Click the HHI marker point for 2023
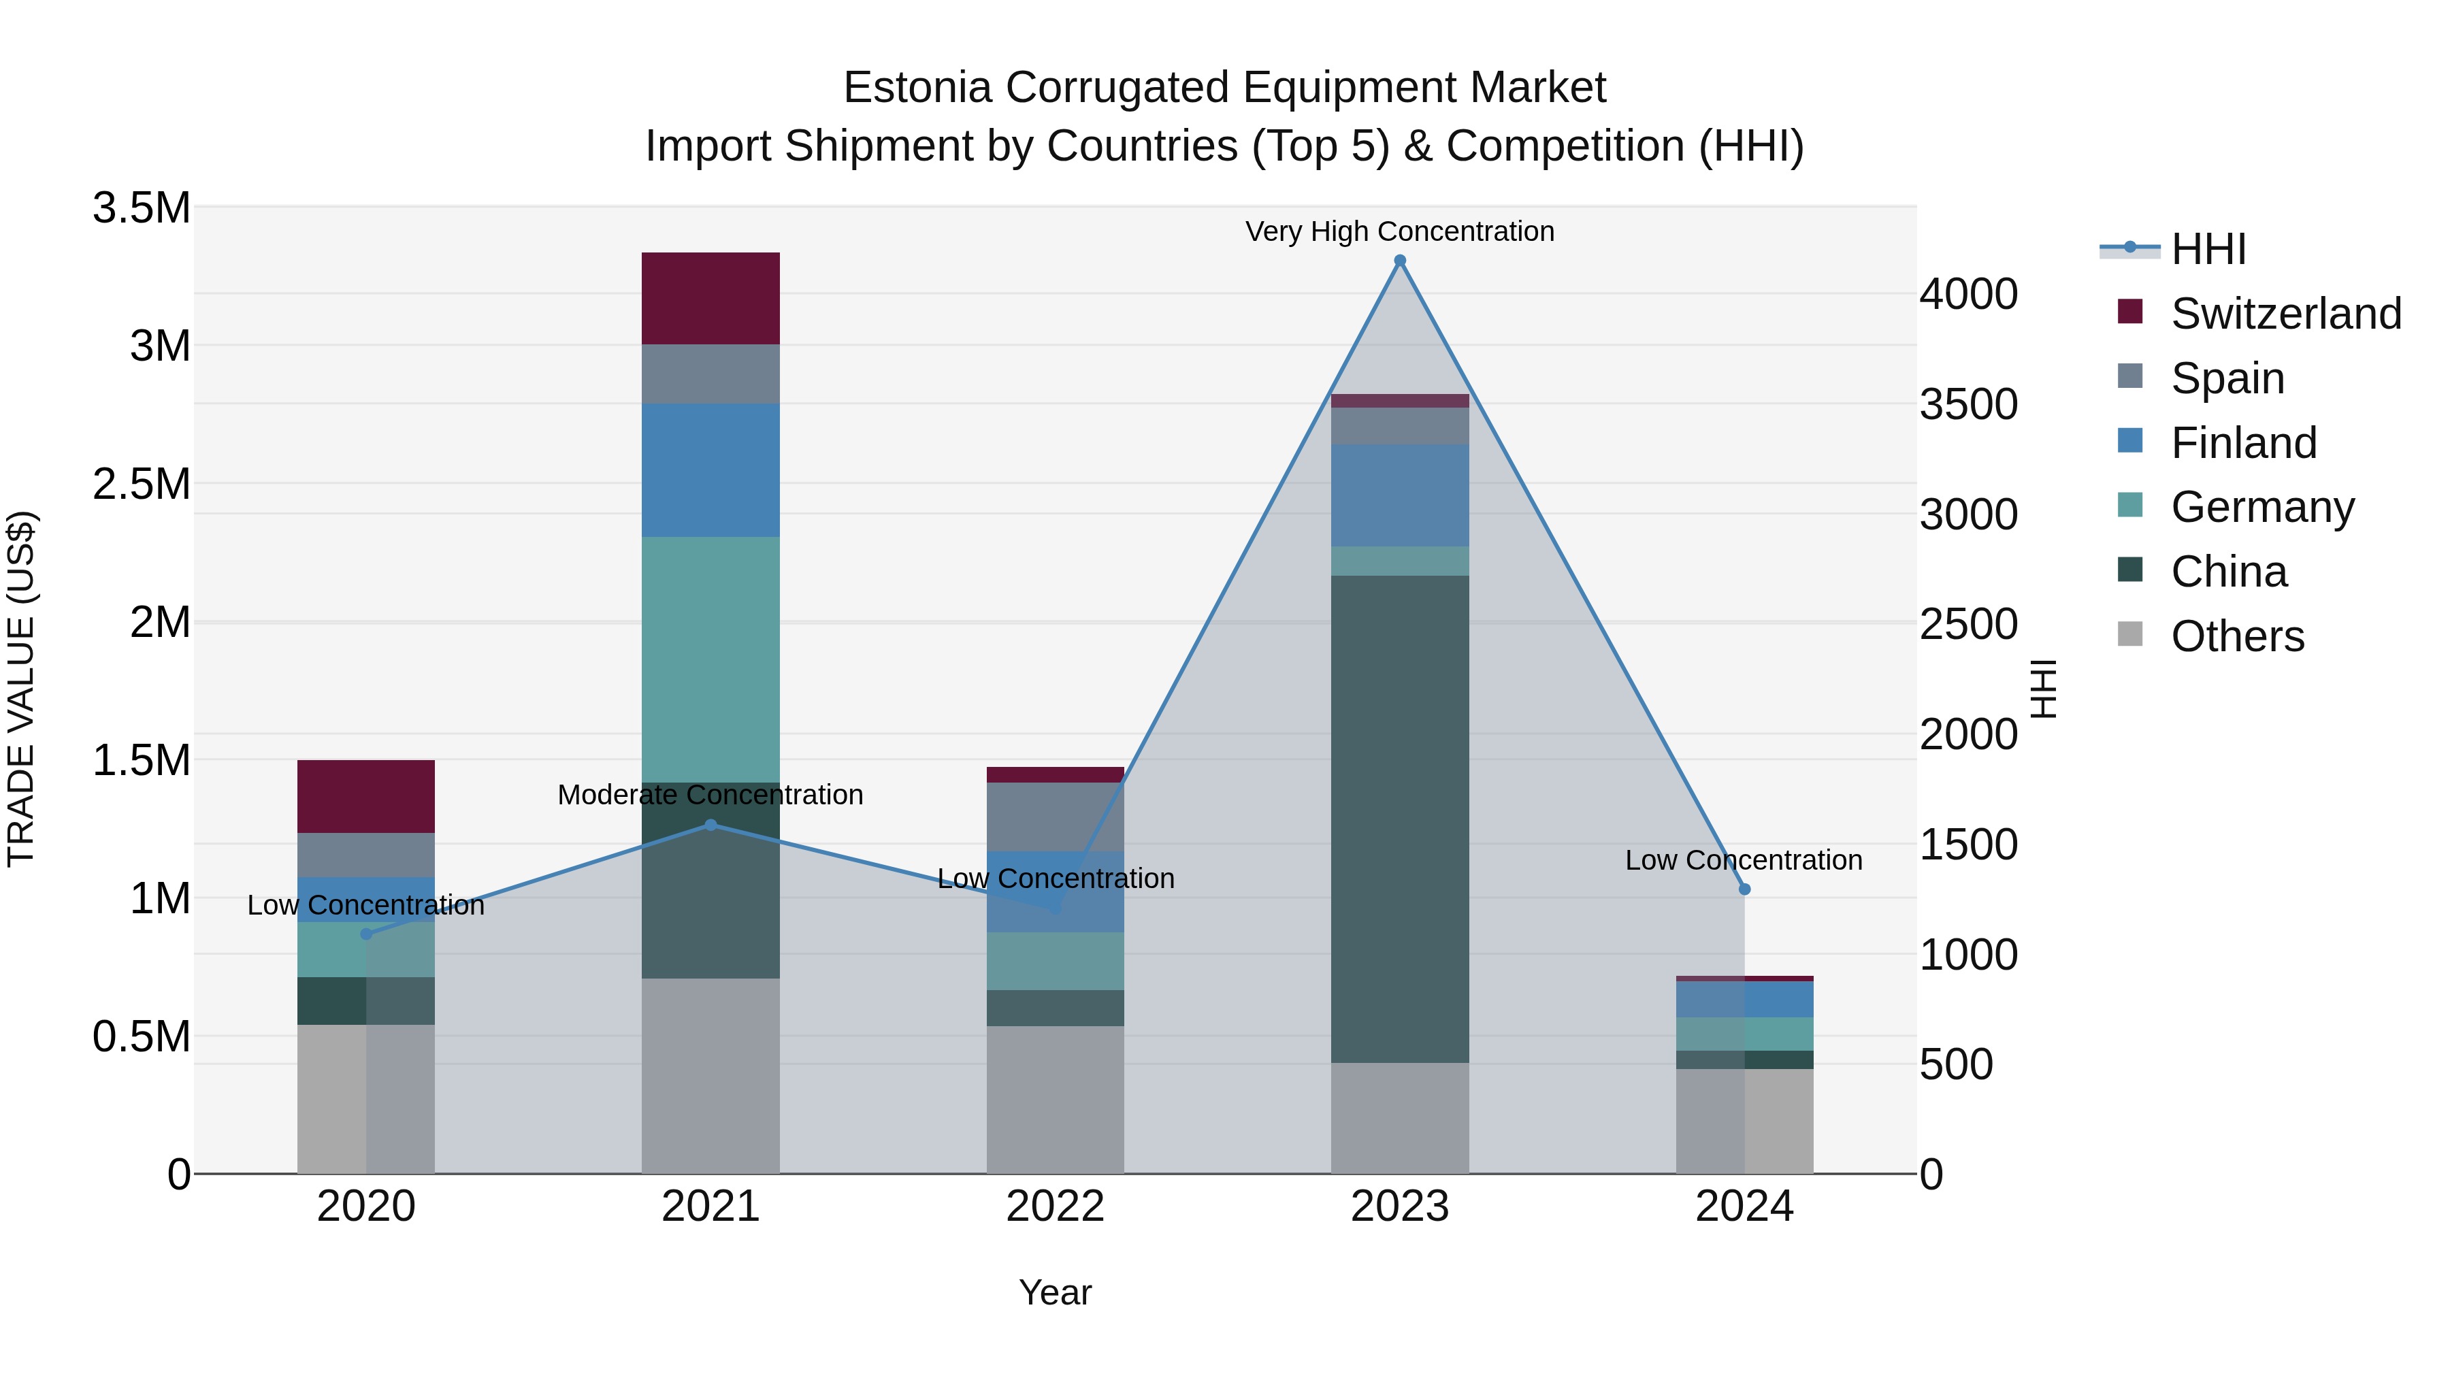tap(1399, 261)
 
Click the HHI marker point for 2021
tap(710, 825)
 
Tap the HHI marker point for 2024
tap(1744, 889)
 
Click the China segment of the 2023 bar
tap(1399, 818)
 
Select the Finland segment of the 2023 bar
tap(1399, 495)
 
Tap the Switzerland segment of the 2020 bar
tap(366, 796)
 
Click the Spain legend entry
tap(2227, 378)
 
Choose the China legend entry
tap(2228, 572)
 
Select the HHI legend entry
tap(2208, 249)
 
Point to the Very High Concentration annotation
tap(1399, 231)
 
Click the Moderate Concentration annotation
tap(710, 794)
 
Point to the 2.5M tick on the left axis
tap(141, 484)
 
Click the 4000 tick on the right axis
tap(1967, 294)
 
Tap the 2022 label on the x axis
tap(1055, 1207)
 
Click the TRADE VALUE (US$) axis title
tap(21, 689)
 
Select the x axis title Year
tap(1055, 1292)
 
